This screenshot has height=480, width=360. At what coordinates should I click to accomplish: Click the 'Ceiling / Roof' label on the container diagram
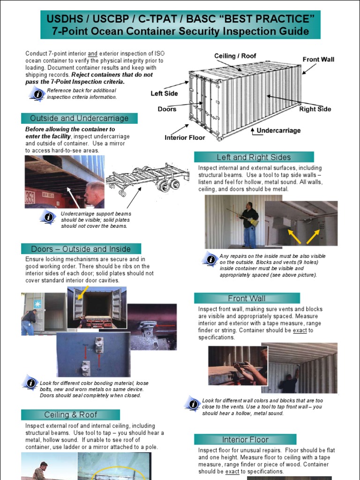235,56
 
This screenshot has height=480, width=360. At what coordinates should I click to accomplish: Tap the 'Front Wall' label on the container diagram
318,60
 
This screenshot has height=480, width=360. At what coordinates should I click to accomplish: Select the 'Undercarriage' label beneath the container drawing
278,130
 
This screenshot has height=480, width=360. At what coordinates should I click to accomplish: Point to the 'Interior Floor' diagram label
185,137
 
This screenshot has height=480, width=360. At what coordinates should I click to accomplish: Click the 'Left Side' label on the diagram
164,93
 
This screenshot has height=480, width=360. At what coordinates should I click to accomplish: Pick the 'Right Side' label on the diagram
315,109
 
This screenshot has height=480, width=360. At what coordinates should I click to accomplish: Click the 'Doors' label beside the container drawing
167,109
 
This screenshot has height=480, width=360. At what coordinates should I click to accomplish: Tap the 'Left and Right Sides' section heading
254,157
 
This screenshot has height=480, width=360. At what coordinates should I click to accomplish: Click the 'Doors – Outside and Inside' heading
81,249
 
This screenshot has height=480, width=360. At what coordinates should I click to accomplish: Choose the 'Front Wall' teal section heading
247,298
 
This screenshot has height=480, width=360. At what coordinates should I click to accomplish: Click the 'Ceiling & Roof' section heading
70,415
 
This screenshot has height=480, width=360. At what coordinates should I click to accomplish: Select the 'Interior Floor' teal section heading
245,440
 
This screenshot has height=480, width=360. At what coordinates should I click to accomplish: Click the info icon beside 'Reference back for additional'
37,94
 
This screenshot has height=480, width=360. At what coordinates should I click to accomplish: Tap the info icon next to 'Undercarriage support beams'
48,217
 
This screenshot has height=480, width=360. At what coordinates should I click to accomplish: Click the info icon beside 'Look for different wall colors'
193,404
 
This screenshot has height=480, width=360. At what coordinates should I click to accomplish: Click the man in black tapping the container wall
249,224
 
